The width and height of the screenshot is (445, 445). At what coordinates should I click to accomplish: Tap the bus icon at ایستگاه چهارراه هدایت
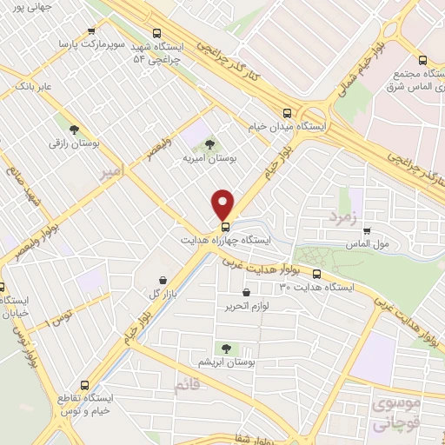coord(227,229)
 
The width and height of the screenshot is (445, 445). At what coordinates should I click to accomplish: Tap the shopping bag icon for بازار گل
coord(163,280)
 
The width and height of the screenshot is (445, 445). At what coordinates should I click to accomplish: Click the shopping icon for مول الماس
coord(367,231)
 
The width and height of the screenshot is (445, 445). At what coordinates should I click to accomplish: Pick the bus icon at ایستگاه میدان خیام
coord(289,112)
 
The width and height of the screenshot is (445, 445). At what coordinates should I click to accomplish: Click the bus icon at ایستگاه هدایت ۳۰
coord(316,273)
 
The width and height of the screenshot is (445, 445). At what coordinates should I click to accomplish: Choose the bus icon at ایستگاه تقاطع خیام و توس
coord(85,385)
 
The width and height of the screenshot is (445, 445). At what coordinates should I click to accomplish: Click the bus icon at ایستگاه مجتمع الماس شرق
coord(423,60)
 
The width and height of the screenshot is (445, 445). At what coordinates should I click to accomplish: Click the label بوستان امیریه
coord(209,159)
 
